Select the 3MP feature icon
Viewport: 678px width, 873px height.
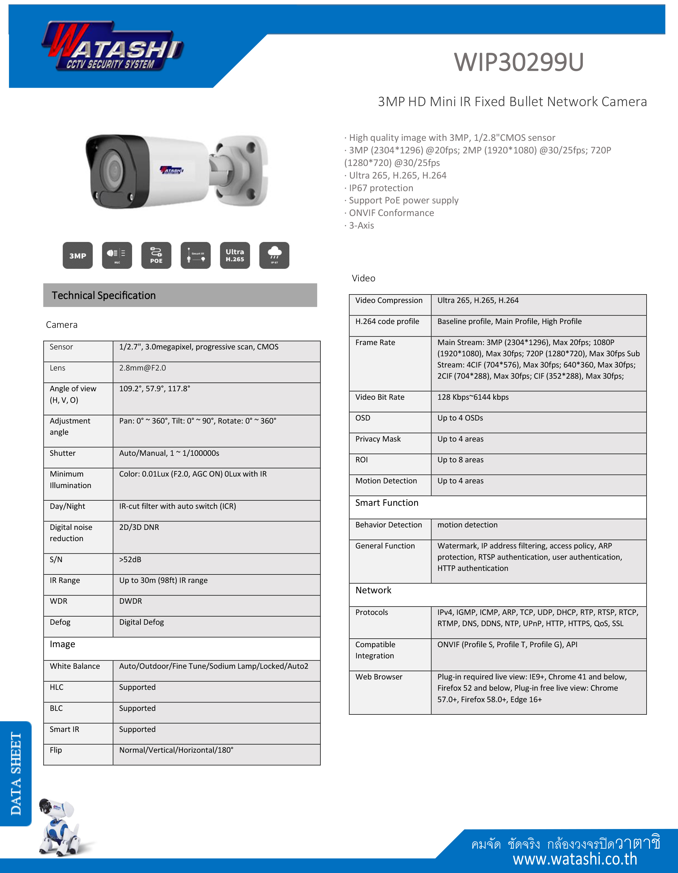[78, 255]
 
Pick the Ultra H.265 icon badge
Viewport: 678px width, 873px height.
[235, 255]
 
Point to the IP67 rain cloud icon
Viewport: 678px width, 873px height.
[274, 255]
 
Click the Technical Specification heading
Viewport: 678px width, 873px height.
[104, 295]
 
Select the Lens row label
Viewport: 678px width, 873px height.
[58, 368]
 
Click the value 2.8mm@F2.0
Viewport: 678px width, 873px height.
[142, 368]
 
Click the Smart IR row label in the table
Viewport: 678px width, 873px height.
[64, 729]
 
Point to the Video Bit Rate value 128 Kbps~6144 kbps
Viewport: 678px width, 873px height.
[473, 397]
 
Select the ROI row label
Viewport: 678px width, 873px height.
[361, 460]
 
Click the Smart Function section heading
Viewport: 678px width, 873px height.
[387, 503]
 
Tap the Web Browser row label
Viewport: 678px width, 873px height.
[379, 677]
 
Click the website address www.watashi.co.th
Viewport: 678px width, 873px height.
[575, 859]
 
